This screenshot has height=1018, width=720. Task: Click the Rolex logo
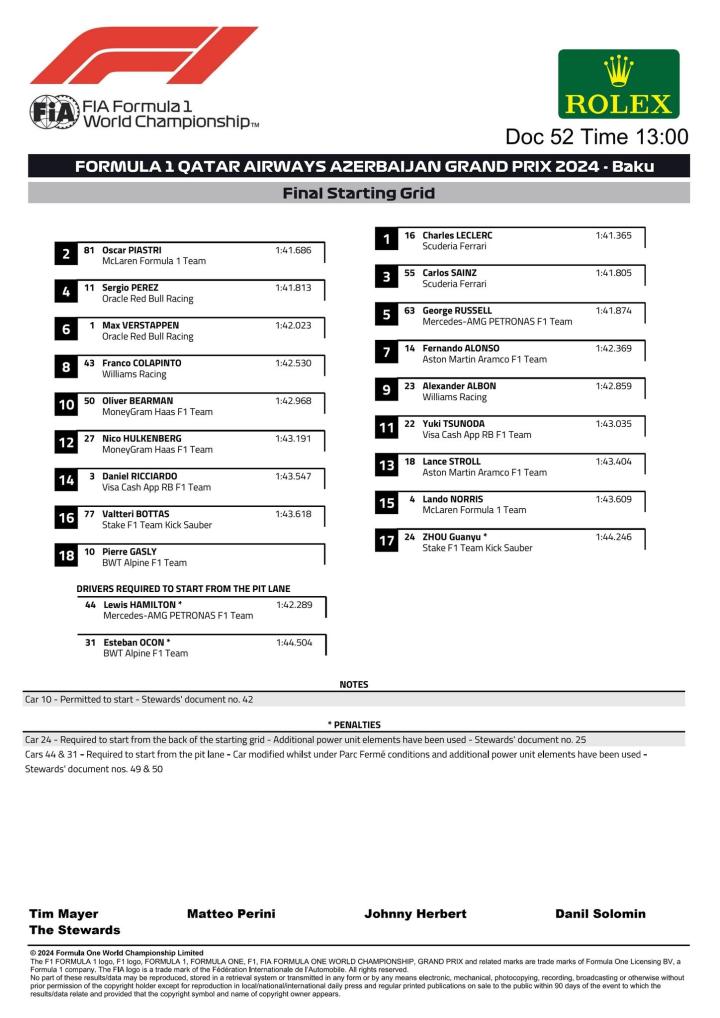[618, 84]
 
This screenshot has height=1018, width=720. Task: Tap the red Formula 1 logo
[143, 55]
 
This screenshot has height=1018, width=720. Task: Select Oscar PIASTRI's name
[132, 250]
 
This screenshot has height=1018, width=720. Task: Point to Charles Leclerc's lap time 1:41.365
[613, 236]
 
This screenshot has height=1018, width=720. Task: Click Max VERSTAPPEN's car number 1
[92, 325]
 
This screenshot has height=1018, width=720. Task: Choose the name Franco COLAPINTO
[142, 363]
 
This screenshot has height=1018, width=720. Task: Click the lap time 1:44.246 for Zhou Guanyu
[613, 537]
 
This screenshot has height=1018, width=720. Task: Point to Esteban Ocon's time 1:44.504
[294, 642]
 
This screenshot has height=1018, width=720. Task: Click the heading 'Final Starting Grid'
[359, 193]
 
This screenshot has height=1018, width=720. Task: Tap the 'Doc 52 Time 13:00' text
[596, 137]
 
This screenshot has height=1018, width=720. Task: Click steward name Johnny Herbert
[415, 914]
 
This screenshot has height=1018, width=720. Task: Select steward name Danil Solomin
[600, 914]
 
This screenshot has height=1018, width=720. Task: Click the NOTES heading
[354, 685]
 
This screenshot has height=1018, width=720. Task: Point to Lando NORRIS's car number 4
[411, 499]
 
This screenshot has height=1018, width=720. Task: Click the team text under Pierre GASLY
[144, 563]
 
